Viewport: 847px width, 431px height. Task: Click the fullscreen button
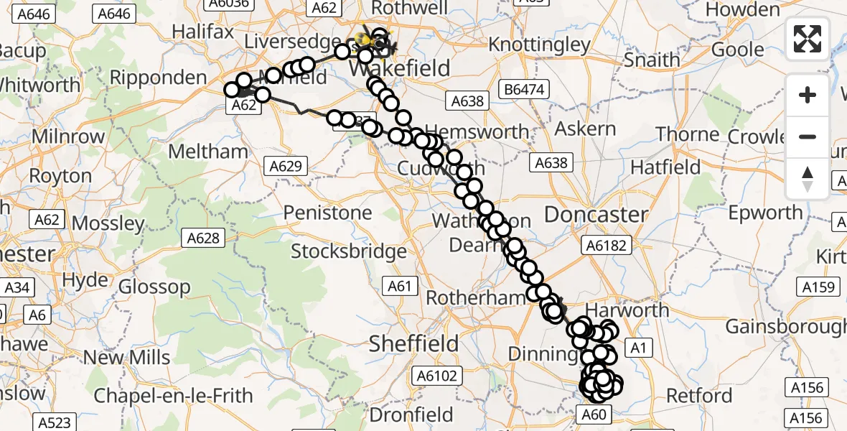click(808, 38)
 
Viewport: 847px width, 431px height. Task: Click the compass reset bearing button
click(808, 179)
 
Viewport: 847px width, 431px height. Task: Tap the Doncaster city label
click(596, 215)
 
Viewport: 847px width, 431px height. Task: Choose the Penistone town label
click(327, 213)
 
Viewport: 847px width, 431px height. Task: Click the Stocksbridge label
click(349, 251)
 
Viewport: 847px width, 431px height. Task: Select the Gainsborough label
click(785, 327)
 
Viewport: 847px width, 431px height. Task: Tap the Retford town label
click(699, 396)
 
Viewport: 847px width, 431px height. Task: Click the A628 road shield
click(203, 237)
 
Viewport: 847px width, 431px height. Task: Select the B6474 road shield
click(525, 90)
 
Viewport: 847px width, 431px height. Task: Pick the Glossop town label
click(154, 287)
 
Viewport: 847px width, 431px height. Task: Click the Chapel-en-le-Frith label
click(173, 396)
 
